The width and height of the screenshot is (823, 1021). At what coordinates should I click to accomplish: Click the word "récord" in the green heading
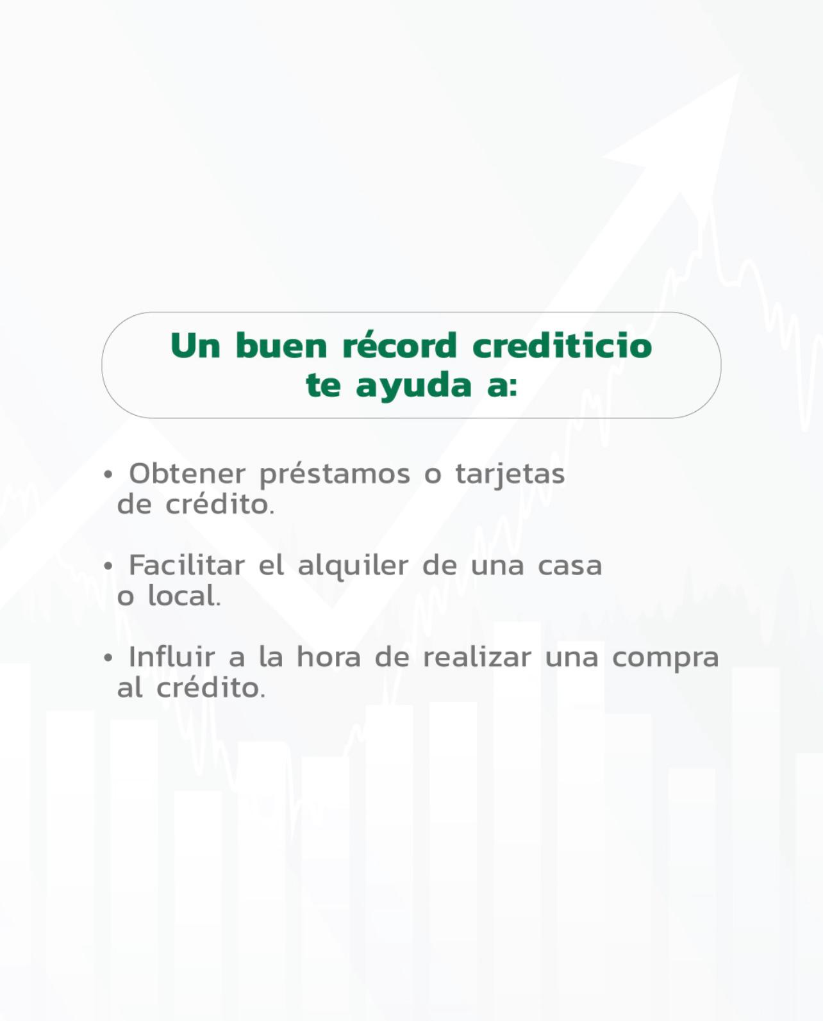click(399, 345)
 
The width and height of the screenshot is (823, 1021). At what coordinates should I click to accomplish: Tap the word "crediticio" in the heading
click(562, 345)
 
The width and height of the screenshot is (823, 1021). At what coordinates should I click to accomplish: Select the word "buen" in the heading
click(281, 345)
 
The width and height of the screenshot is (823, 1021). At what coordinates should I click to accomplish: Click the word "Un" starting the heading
click(195, 345)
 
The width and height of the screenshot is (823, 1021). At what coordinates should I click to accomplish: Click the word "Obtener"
click(187, 473)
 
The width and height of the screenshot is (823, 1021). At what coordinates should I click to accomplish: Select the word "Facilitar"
click(187, 565)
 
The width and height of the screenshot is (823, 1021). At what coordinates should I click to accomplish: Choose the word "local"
click(184, 596)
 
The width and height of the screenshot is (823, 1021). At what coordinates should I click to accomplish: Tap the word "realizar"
click(477, 657)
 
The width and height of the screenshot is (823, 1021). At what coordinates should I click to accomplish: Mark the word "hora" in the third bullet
click(329, 657)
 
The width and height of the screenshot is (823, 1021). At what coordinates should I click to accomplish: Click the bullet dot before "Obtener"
click(108, 474)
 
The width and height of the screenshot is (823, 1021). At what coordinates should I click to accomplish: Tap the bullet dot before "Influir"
click(108, 658)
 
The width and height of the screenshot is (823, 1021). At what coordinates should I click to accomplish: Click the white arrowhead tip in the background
click(740, 72)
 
